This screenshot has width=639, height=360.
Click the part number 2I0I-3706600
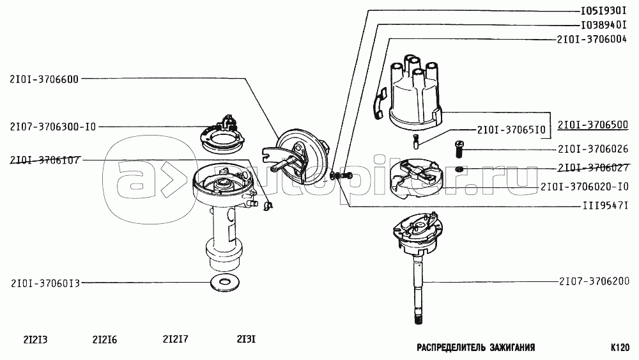coord(44,79)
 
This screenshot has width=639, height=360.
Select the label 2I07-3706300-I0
coord(53,127)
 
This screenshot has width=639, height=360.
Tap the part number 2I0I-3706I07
coord(45,160)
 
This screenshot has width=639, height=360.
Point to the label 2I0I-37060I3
coord(45,283)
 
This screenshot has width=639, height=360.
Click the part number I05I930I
coord(604,11)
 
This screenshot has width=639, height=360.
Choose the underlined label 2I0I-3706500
coord(593,125)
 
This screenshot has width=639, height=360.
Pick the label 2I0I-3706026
coord(593,149)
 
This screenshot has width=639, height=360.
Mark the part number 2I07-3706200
coord(594,281)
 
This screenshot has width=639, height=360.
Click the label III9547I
coord(606,205)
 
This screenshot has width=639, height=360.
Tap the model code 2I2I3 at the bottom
coord(35,340)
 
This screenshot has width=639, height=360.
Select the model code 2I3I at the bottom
coord(246,339)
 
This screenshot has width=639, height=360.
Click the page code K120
coord(620,348)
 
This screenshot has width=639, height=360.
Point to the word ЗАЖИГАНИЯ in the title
coord(512,348)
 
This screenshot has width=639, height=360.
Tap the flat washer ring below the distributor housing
coord(224,283)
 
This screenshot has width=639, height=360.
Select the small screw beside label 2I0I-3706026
coord(459,149)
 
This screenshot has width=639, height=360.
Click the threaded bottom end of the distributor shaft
coord(419,317)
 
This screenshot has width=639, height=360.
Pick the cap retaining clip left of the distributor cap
coord(380,103)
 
